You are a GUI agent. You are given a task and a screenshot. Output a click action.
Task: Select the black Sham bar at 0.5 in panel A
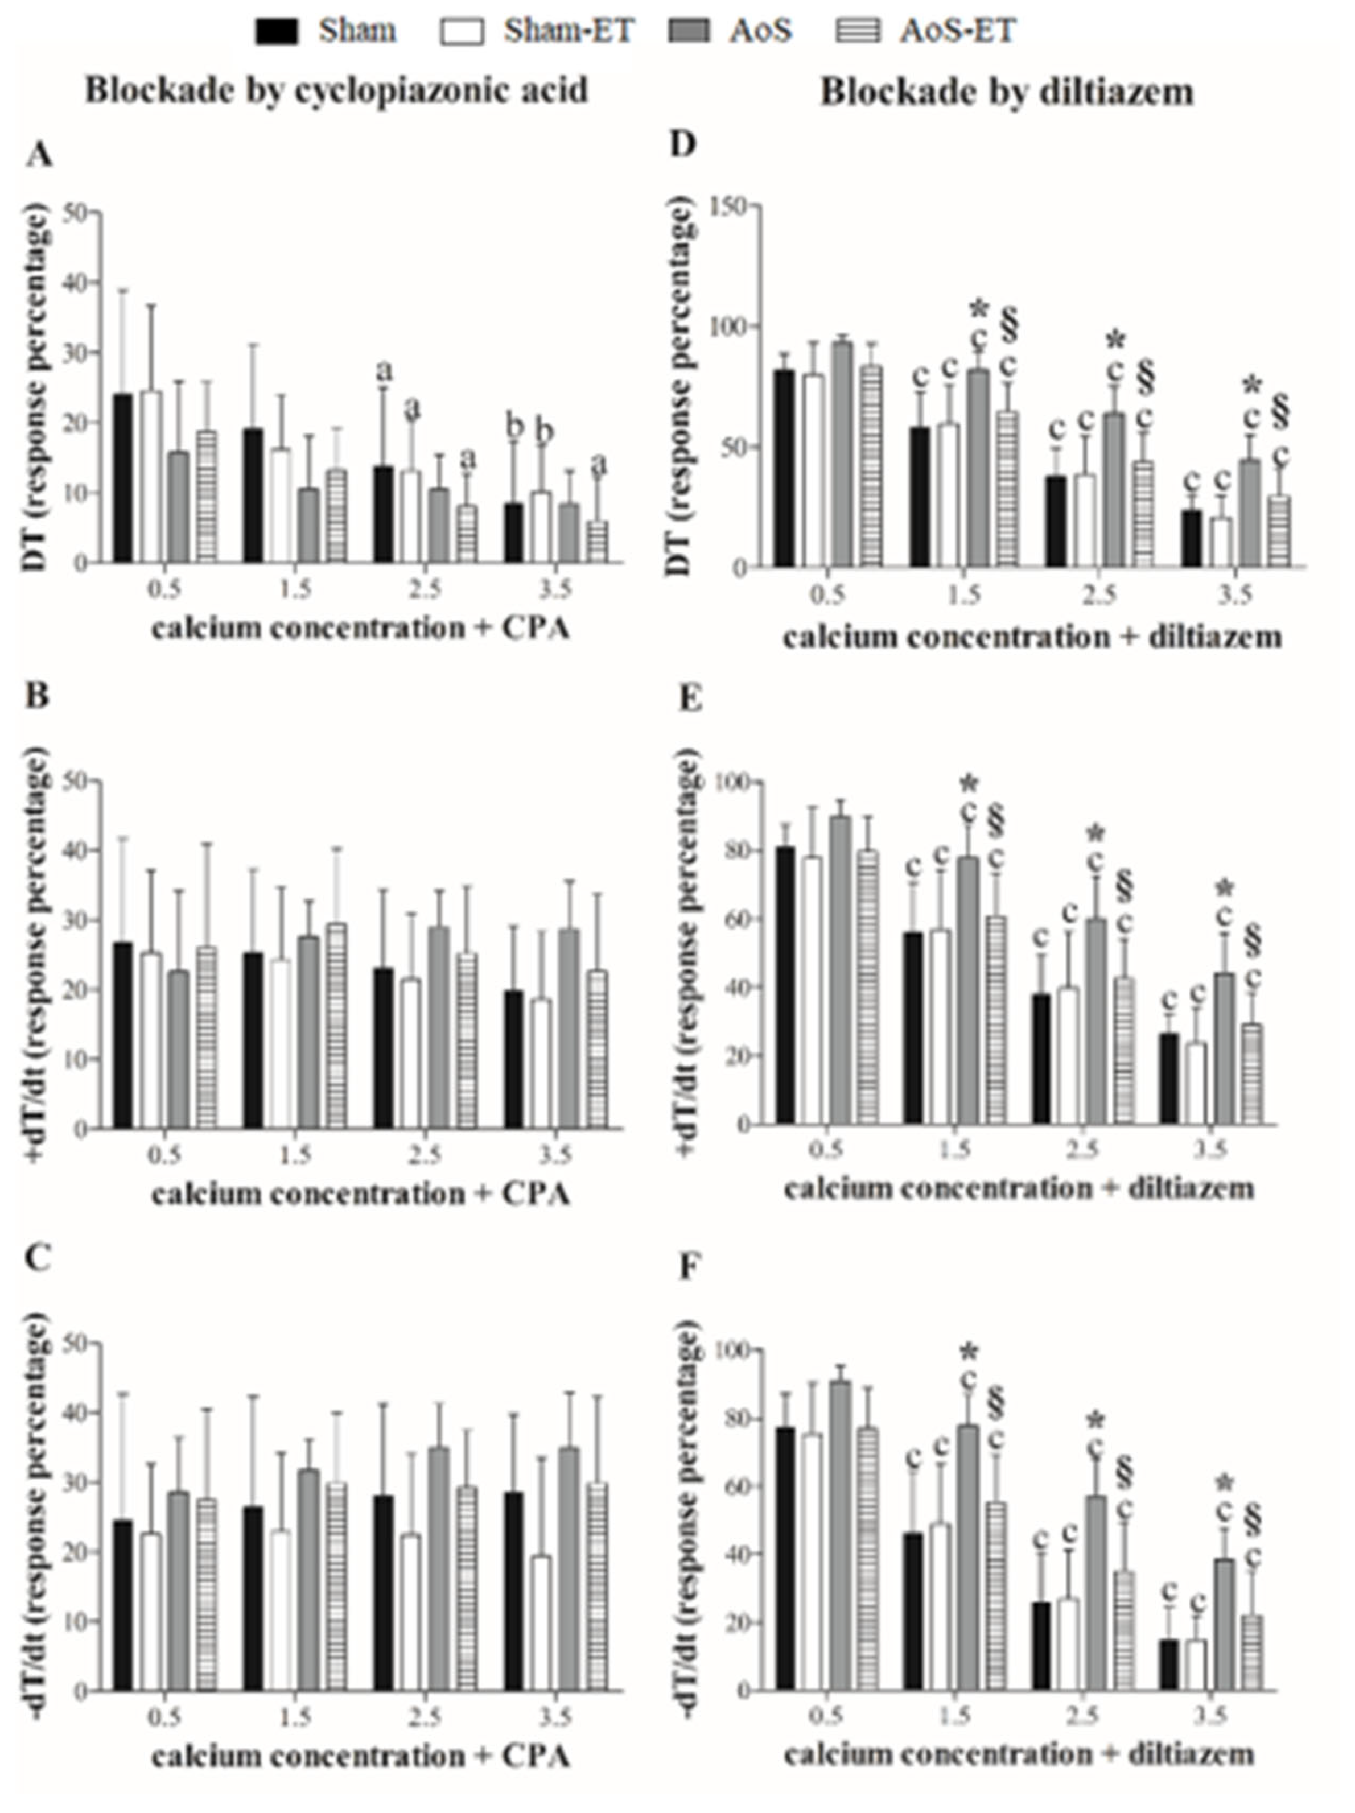(x=123, y=478)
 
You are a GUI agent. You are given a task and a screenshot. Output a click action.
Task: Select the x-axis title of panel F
(x=1018, y=1754)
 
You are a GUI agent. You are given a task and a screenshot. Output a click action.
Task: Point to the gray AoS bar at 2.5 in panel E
(x=1096, y=1021)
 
